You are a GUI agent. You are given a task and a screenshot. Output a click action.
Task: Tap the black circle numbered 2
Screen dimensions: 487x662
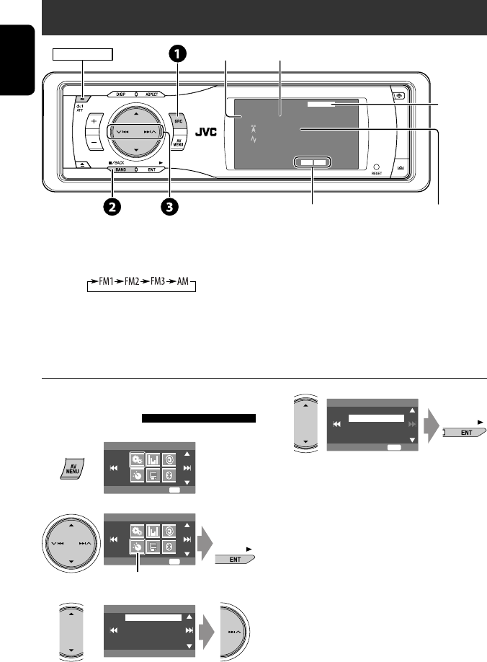click(112, 206)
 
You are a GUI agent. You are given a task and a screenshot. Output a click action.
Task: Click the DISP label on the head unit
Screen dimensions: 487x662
click(120, 94)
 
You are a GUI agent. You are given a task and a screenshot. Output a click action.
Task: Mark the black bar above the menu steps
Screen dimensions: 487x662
click(199, 417)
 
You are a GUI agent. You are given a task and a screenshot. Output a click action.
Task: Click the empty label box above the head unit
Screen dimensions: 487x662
click(83, 54)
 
